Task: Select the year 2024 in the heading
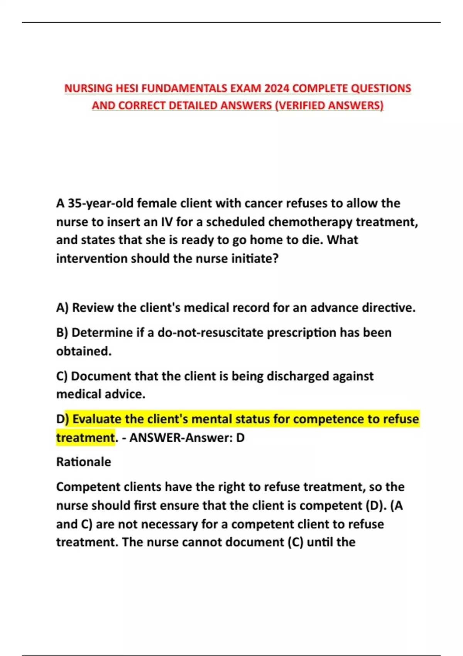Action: [276, 88]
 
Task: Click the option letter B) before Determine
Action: [62, 333]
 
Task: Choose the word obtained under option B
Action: [84, 351]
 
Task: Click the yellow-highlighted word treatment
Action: [85, 438]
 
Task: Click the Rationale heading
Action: [84, 462]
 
